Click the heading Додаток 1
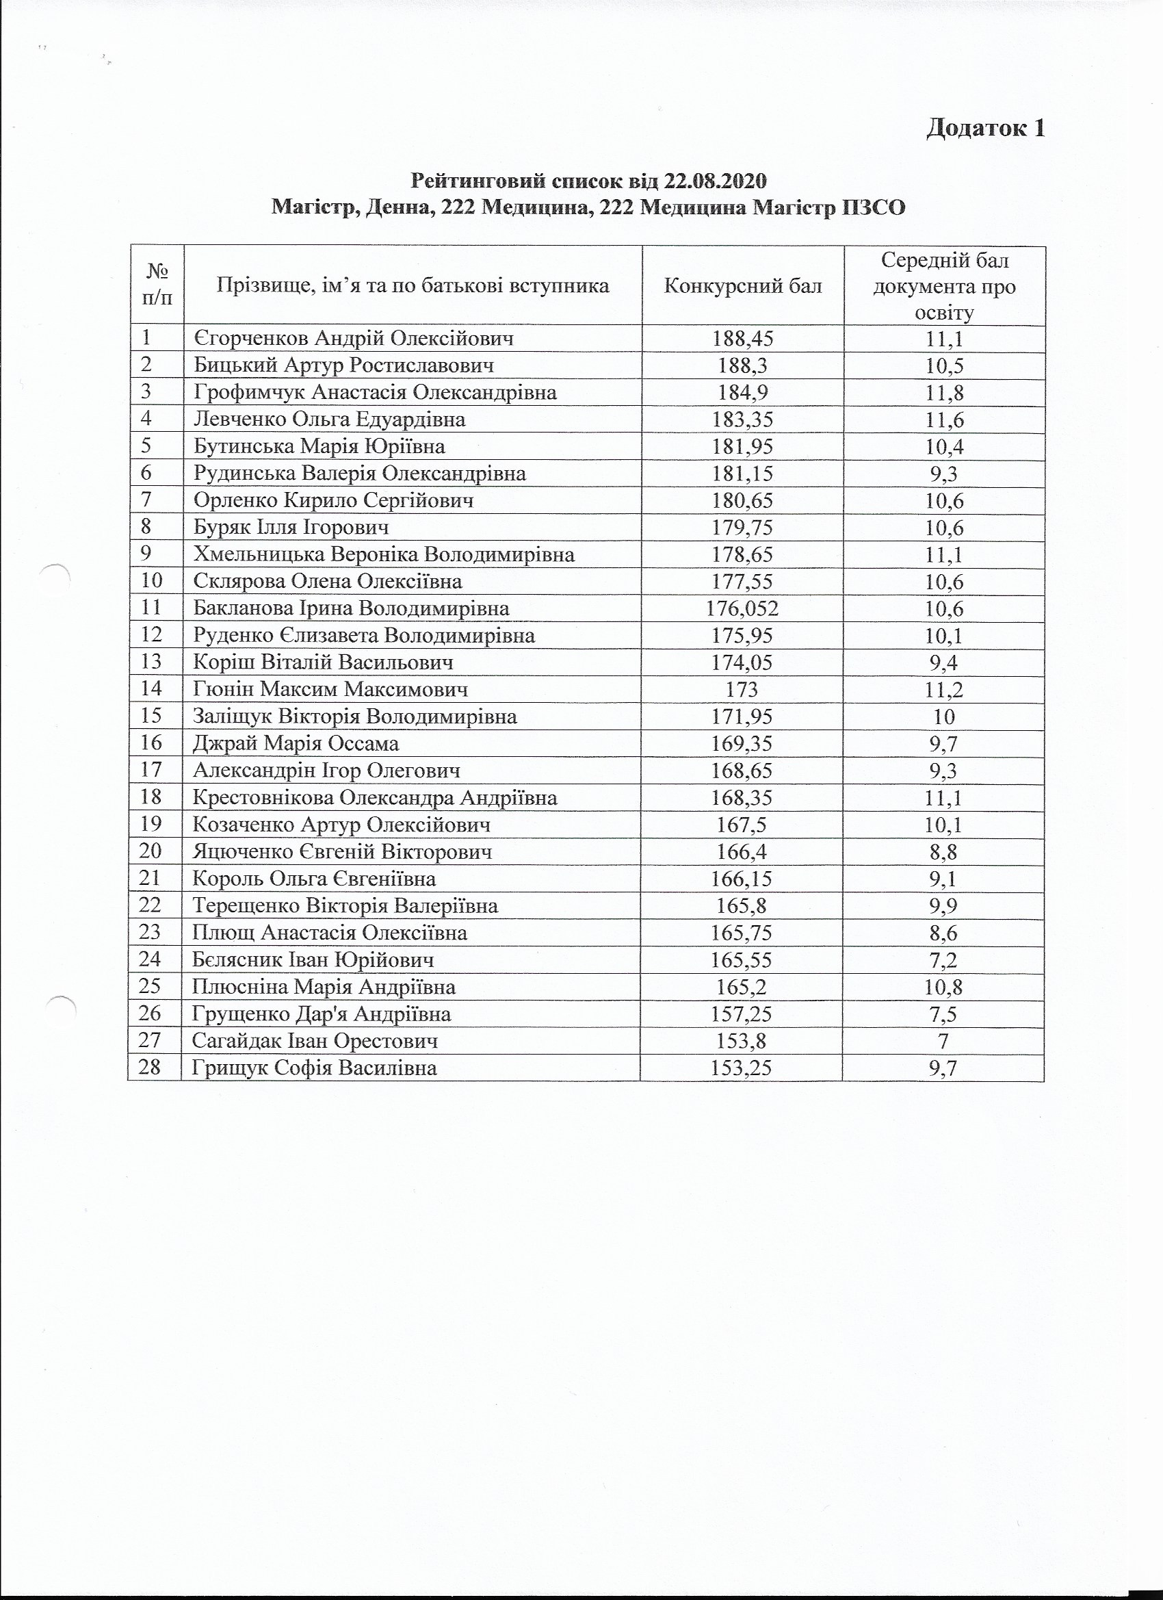[984, 128]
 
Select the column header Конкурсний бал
[743, 286]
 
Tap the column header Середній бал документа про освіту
[944, 287]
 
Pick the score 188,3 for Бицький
[743, 365]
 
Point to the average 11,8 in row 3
[943, 393]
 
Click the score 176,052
[743, 608]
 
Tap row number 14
[152, 688]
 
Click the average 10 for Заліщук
[943, 716]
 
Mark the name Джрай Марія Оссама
[296, 743]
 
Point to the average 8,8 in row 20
[943, 851]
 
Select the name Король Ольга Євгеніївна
[314, 878]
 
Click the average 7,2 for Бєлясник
[943, 959]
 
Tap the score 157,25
[743, 1014]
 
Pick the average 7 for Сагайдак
[943, 1041]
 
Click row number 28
[152, 1068]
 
